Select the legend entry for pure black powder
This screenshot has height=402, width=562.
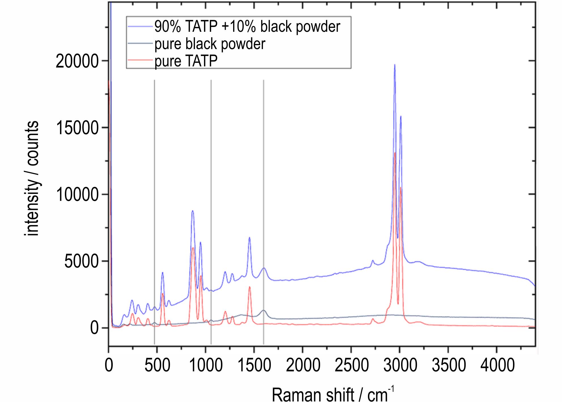pyautogui.click(x=210, y=44)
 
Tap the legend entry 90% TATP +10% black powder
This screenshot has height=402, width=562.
pyautogui.click(x=247, y=27)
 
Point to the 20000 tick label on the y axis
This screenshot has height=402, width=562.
pyautogui.click(x=77, y=61)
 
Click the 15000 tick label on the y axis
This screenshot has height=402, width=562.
pyautogui.click(x=77, y=128)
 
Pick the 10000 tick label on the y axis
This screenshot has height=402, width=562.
pyautogui.click(x=77, y=194)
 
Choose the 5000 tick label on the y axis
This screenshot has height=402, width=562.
pyautogui.click(x=81, y=261)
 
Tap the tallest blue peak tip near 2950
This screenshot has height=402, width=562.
pyautogui.click(x=395, y=65)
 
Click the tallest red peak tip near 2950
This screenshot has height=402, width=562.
pyautogui.click(x=395, y=153)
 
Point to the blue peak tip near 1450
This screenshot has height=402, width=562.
pyautogui.click(x=250, y=237)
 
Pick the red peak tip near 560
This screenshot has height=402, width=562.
pyautogui.click(x=163, y=293)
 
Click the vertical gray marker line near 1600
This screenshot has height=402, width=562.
pyautogui.click(x=264, y=199)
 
